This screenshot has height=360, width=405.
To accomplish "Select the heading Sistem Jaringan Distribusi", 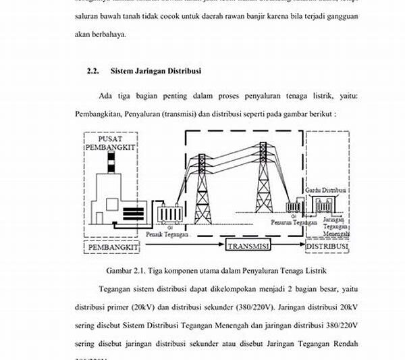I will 155,70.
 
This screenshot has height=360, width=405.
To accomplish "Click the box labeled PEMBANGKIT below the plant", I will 113,248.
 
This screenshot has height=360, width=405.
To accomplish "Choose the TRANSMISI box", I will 248,246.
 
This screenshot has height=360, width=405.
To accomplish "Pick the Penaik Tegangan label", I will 166,234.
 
